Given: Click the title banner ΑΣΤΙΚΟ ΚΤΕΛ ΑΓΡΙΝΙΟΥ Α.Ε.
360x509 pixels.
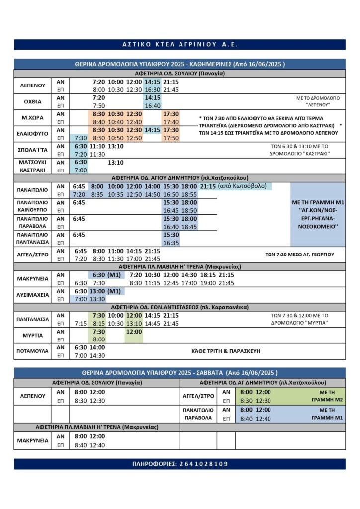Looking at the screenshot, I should tap(180, 45).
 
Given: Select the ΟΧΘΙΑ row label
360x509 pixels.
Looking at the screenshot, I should tap(33, 102).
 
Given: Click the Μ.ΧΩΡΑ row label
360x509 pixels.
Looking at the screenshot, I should tap(33, 118).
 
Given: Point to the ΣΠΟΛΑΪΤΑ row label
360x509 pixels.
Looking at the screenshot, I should tap(33, 150).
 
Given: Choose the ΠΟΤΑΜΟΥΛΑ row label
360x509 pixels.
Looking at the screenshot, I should tap(33, 351).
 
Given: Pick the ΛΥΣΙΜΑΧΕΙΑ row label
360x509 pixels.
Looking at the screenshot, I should tap(33, 295).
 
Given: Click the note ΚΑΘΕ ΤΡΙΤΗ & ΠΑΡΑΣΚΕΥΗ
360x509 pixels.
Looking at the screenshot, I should tap(226, 351).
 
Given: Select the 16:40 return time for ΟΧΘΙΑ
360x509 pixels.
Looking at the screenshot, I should tap(152, 106).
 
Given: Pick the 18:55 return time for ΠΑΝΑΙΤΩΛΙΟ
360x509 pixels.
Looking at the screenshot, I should tap(189, 194).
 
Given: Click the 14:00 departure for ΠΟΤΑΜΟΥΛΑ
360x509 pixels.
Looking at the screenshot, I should tap(97, 347).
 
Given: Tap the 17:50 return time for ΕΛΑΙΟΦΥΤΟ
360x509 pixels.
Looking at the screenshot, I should tap(171, 138).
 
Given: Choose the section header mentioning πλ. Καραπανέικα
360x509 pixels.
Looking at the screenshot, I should tap(180, 307).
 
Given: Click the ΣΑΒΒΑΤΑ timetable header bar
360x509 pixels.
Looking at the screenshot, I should tap(180, 373).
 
